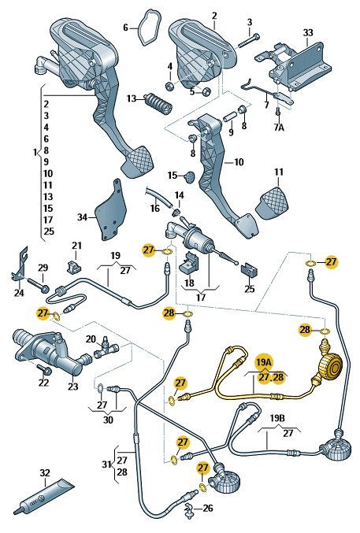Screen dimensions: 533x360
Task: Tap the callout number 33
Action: click(308, 32)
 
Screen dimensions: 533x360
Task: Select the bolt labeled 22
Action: click(42, 370)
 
